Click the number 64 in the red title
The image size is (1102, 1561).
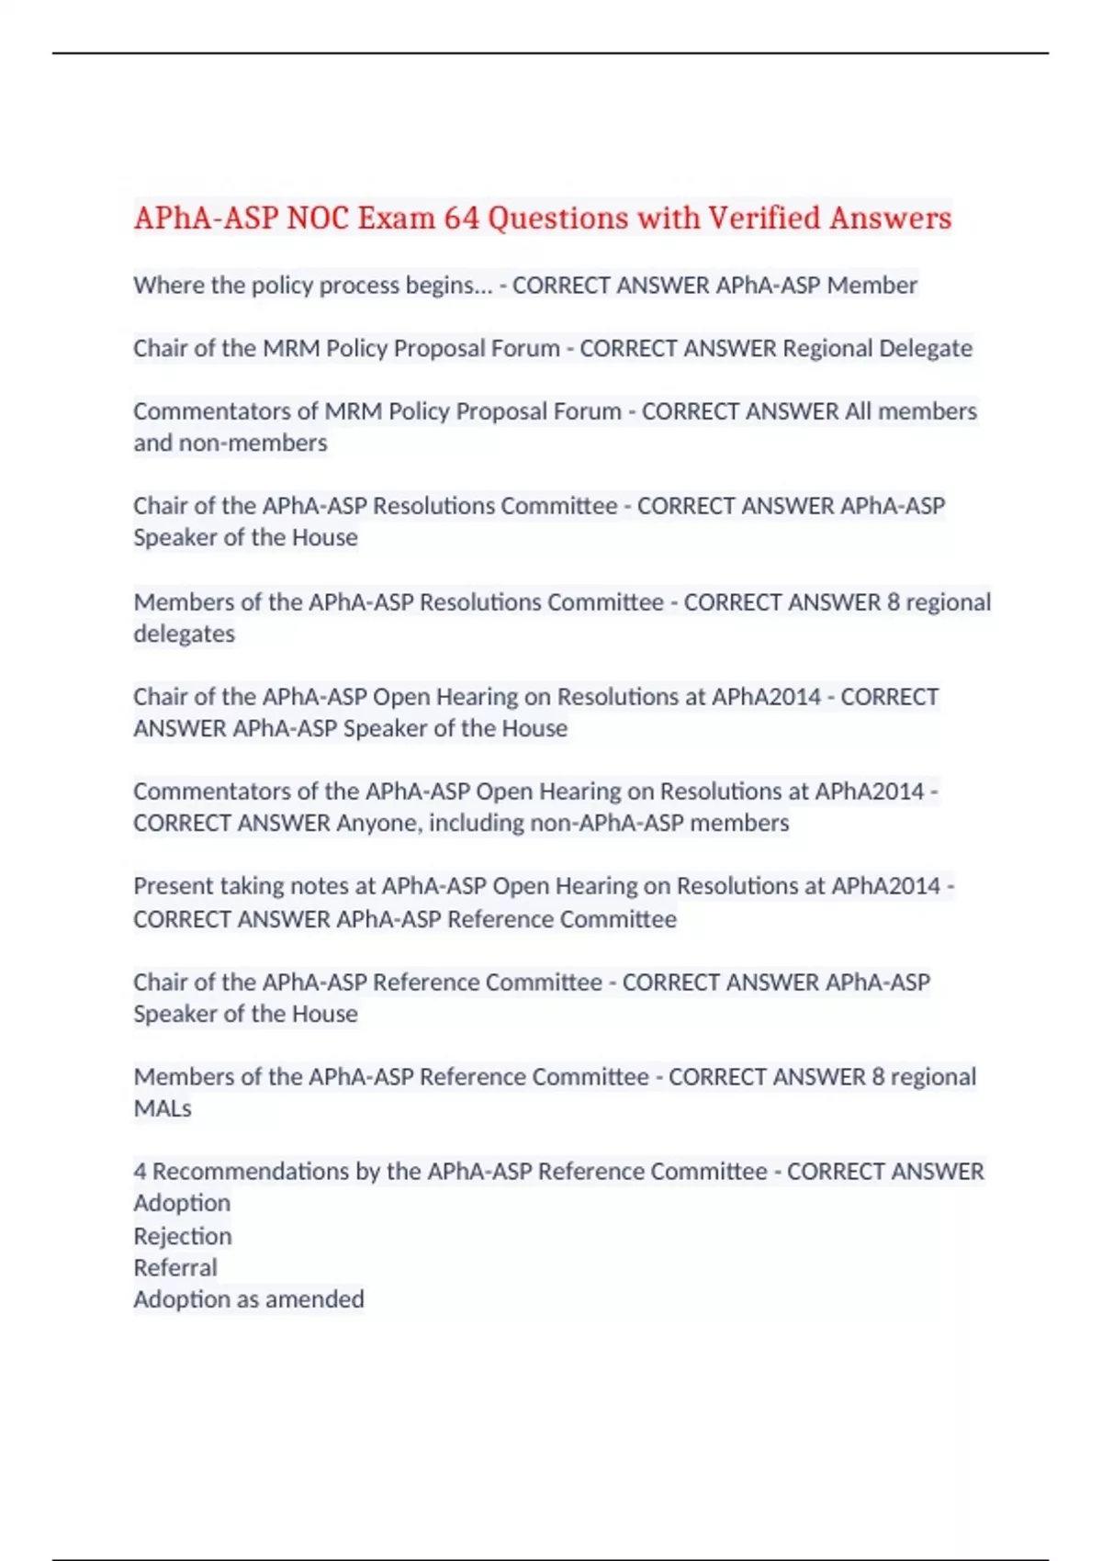pyautogui.click(x=461, y=219)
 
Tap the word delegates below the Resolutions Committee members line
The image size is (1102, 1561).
pyautogui.click(x=184, y=634)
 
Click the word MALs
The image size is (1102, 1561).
pyautogui.click(x=163, y=1108)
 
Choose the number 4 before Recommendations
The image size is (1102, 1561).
pyautogui.click(x=140, y=1172)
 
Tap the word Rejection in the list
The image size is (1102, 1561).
pyautogui.click(x=182, y=1236)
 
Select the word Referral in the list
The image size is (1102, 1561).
pyautogui.click(x=175, y=1268)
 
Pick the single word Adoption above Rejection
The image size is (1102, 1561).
pyautogui.click(x=182, y=1203)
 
